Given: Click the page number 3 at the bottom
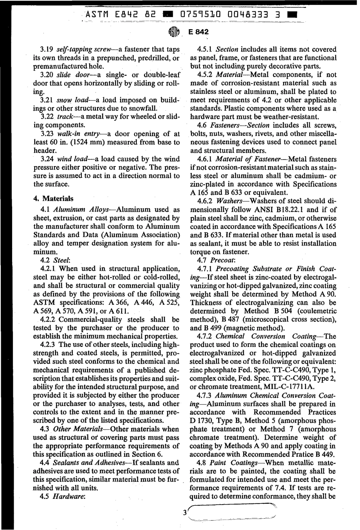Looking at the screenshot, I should tap(185, 513).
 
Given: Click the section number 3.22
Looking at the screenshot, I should tap(47, 117).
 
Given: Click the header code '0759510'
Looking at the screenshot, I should tap(201, 15).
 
